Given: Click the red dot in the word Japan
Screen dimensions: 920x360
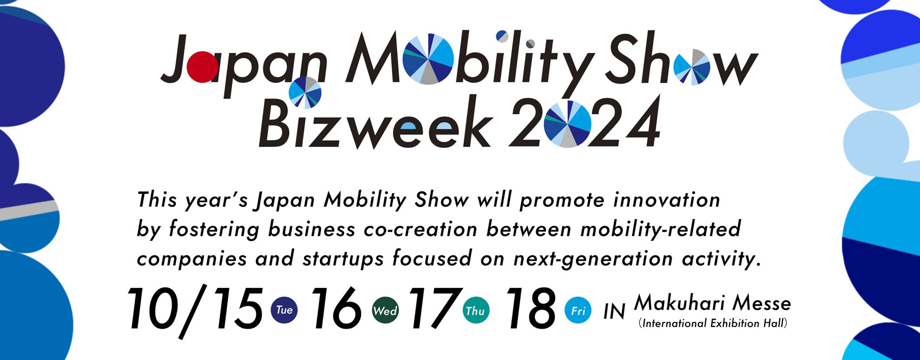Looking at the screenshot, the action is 202,67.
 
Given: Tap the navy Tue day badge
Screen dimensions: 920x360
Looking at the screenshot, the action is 284,310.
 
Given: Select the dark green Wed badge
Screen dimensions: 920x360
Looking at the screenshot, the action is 385,310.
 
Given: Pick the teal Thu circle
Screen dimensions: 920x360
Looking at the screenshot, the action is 476,310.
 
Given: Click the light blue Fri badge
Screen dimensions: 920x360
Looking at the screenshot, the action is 578,310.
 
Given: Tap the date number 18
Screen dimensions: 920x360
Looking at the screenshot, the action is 531,309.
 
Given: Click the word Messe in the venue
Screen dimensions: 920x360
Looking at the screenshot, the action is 763,304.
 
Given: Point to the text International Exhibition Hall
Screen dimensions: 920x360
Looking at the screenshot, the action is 713,323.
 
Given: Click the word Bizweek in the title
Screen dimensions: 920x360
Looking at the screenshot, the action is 376,124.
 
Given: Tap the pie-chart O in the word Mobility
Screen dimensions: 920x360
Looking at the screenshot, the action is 428,59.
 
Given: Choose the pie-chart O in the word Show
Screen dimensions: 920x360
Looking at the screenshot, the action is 692,67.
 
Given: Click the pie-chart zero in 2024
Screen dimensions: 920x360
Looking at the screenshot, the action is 568,124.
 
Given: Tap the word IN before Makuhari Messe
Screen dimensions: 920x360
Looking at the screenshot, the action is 614,311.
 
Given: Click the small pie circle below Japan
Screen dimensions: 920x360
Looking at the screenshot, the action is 305,93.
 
